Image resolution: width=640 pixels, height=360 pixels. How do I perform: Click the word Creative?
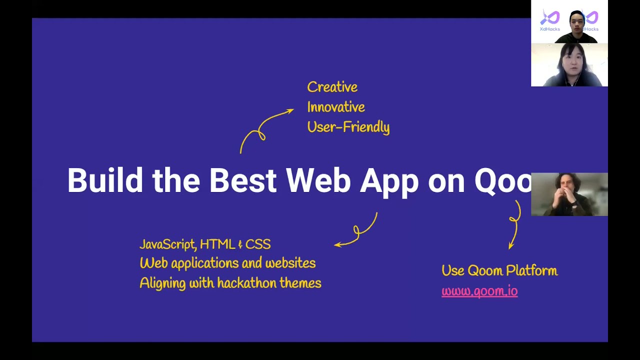[332, 87]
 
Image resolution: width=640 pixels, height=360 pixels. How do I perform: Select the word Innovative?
[335, 107]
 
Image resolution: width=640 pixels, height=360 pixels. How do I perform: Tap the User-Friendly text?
[348, 127]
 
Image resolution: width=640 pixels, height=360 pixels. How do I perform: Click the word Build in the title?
[105, 180]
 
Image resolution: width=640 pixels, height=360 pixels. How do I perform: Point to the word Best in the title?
[242, 180]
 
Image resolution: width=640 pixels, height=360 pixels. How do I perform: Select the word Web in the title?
[318, 180]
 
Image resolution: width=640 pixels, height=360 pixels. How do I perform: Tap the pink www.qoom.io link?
[479, 291]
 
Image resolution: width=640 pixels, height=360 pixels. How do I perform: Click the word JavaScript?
[167, 244]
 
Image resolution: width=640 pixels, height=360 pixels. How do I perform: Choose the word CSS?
[257, 244]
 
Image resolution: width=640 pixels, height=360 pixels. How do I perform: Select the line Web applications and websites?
[227, 263]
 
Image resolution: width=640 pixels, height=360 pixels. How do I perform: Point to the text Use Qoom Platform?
[499, 271]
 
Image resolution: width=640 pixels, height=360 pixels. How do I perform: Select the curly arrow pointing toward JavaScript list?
[357, 231]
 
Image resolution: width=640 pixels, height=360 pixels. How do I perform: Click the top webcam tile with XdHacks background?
[569, 22]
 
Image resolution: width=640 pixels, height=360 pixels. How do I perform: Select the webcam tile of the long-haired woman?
[569, 65]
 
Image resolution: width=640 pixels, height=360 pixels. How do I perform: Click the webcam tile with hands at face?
[569, 194]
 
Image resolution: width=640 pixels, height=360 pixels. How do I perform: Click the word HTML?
[217, 244]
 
